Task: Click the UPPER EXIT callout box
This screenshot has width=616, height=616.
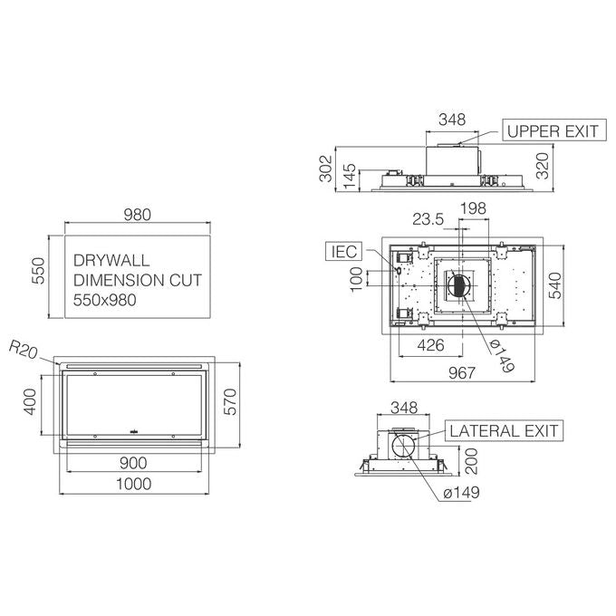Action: click(x=554, y=130)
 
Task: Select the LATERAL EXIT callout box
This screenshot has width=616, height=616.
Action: click(x=504, y=430)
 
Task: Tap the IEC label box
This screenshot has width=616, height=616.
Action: click(x=343, y=252)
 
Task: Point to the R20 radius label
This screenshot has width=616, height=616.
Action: click(x=24, y=350)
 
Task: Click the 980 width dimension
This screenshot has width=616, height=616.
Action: click(x=137, y=215)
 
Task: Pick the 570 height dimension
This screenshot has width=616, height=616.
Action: click(x=230, y=402)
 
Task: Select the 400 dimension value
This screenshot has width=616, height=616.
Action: click(x=30, y=402)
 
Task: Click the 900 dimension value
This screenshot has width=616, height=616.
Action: click(x=133, y=463)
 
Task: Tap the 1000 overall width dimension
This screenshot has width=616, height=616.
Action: click(x=133, y=484)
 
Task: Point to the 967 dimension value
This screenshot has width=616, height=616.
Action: click(x=462, y=372)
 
